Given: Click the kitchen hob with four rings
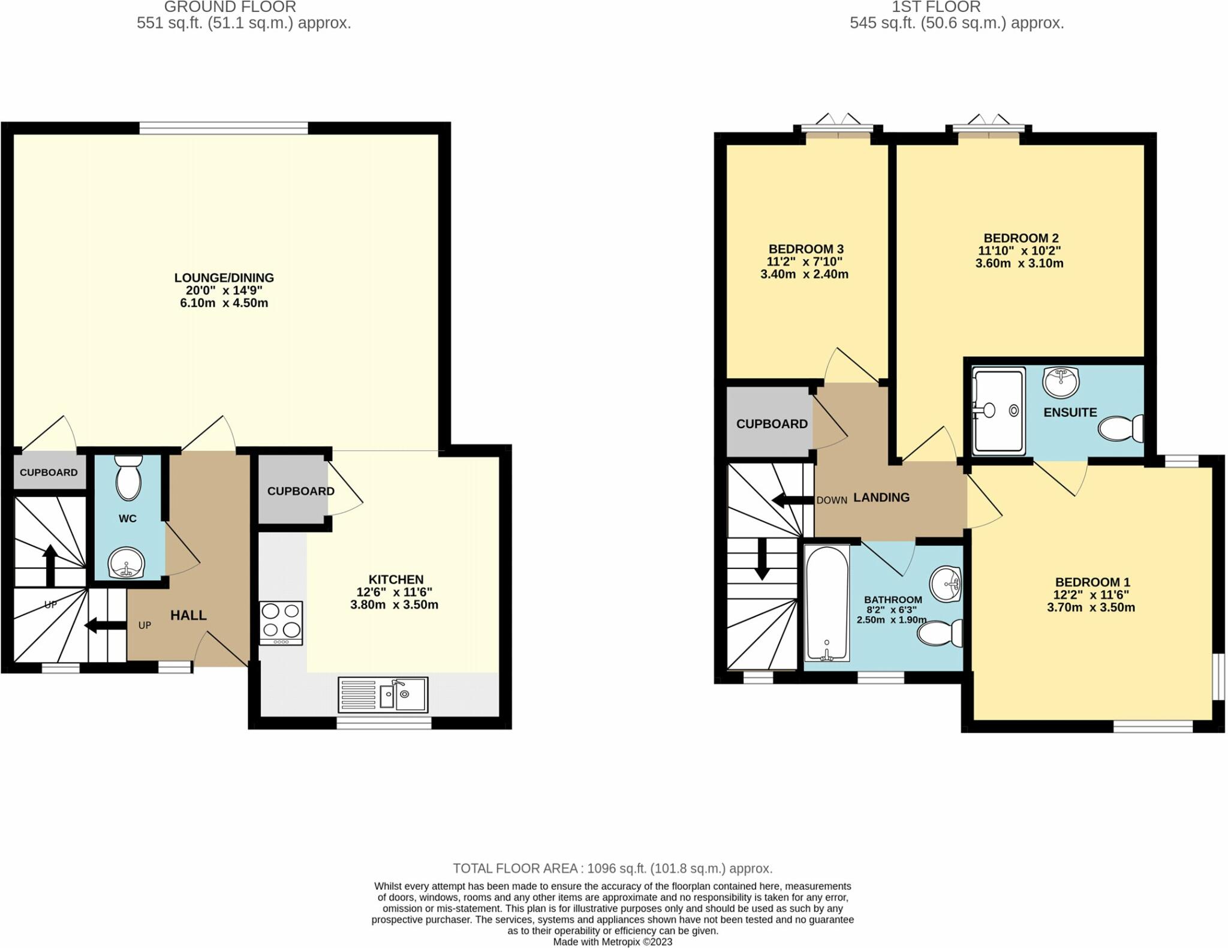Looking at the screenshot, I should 281,622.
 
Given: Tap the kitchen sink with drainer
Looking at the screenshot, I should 383,694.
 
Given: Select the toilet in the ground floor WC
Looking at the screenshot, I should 128,477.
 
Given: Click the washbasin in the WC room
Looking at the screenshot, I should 126,563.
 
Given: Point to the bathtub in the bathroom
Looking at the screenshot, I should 827,603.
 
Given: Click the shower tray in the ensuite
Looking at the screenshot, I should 998,411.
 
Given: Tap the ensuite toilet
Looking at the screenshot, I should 1119,429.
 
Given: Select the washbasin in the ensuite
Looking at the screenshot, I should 1060,381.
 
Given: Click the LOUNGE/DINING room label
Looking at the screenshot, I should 224,278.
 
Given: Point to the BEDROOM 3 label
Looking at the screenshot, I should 806,249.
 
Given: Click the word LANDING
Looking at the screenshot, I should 881,497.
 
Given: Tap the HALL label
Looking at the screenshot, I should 188,615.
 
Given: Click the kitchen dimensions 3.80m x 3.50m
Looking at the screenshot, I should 394,604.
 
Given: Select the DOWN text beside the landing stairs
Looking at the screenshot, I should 831,500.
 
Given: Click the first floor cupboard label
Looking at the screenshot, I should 772,424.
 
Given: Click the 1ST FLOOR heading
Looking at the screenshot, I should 956,7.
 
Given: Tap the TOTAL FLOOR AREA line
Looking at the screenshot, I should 612,868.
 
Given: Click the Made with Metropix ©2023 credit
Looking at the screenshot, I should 612,941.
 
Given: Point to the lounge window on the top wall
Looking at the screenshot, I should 223,128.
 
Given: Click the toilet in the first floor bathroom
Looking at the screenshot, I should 940,633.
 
